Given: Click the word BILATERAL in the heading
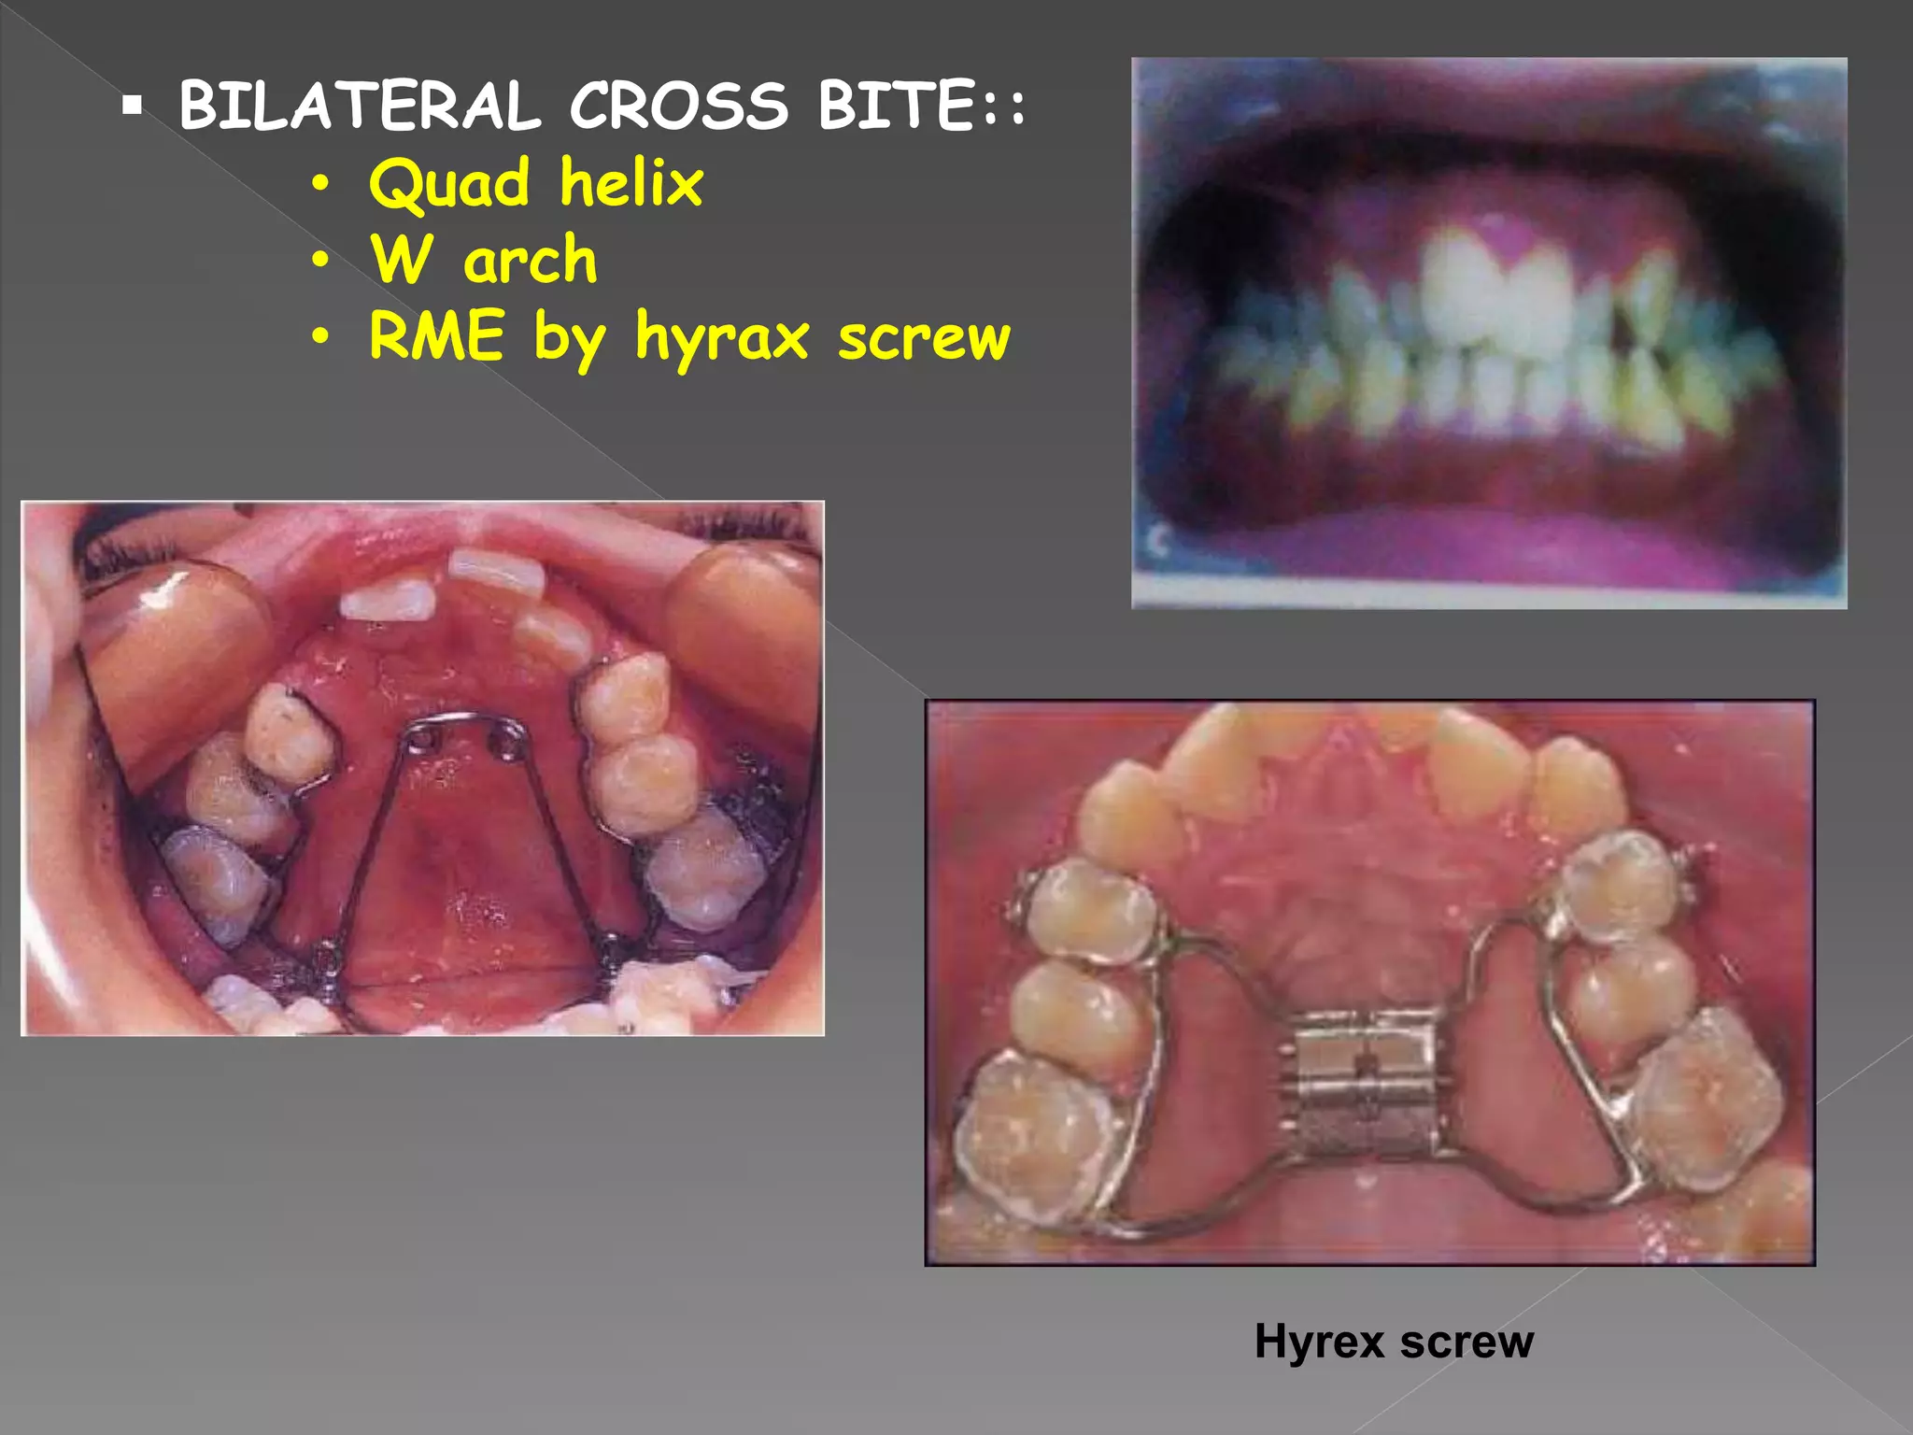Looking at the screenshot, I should [360, 106].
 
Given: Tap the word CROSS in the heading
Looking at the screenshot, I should [679, 106].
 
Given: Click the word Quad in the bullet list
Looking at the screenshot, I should [449, 184].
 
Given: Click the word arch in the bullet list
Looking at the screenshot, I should [530, 261].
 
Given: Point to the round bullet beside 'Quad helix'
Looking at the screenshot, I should [320, 185].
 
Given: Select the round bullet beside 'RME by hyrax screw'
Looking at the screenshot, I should [320, 337].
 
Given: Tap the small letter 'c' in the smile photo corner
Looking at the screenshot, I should [1159, 542].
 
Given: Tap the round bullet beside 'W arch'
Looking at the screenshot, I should [320, 262].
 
